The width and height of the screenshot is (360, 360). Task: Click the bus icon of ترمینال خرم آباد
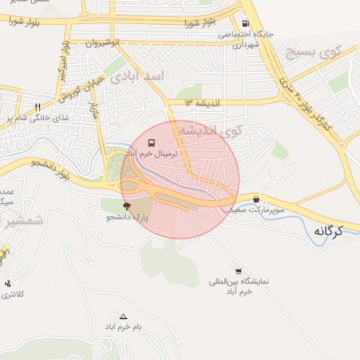(x=153, y=143)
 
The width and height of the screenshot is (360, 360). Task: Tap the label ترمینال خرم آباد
(x=153, y=153)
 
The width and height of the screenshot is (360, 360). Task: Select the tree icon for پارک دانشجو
(x=127, y=206)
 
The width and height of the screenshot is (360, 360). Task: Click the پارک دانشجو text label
(x=127, y=217)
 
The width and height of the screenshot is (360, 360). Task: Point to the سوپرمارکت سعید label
(x=260, y=210)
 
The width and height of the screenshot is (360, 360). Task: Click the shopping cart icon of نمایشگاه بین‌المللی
(x=238, y=271)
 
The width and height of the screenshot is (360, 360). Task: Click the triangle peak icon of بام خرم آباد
(x=124, y=316)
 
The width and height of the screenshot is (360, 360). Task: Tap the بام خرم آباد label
(x=124, y=328)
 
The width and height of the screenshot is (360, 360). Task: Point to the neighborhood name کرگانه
(x=328, y=230)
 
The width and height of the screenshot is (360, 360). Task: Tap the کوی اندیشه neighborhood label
(x=209, y=131)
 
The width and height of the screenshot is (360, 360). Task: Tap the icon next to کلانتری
(x=8, y=283)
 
